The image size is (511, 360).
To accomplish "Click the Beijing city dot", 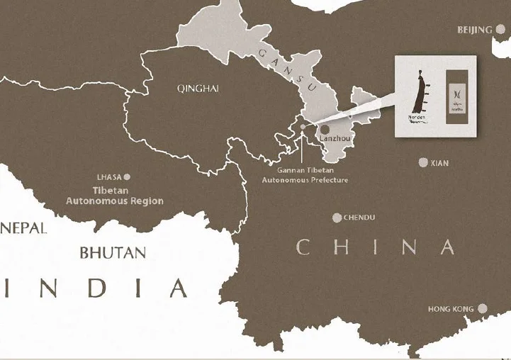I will (x=500, y=30).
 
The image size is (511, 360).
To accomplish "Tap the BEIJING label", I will (x=475, y=30).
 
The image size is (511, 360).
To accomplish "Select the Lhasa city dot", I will (x=128, y=176).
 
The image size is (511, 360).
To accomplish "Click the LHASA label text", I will (x=109, y=176).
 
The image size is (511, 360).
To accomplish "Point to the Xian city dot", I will (x=423, y=163).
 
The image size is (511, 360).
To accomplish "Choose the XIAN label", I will (x=439, y=164).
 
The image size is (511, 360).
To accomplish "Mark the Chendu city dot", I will (x=337, y=218).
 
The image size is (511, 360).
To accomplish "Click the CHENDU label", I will (x=359, y=218).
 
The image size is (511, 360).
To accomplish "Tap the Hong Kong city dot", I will (x=482, y=309).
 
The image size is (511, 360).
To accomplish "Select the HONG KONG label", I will (x=451, y=310).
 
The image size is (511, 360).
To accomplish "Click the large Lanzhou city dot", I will (x=325, y=130).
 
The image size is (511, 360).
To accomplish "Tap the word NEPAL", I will (x=23, y=228).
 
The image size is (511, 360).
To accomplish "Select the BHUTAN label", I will (x=113, y=252).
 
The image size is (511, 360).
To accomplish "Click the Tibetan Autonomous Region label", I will (x=115, y=196).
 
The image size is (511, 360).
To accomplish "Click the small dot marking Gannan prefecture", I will (x=303, y=128).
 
